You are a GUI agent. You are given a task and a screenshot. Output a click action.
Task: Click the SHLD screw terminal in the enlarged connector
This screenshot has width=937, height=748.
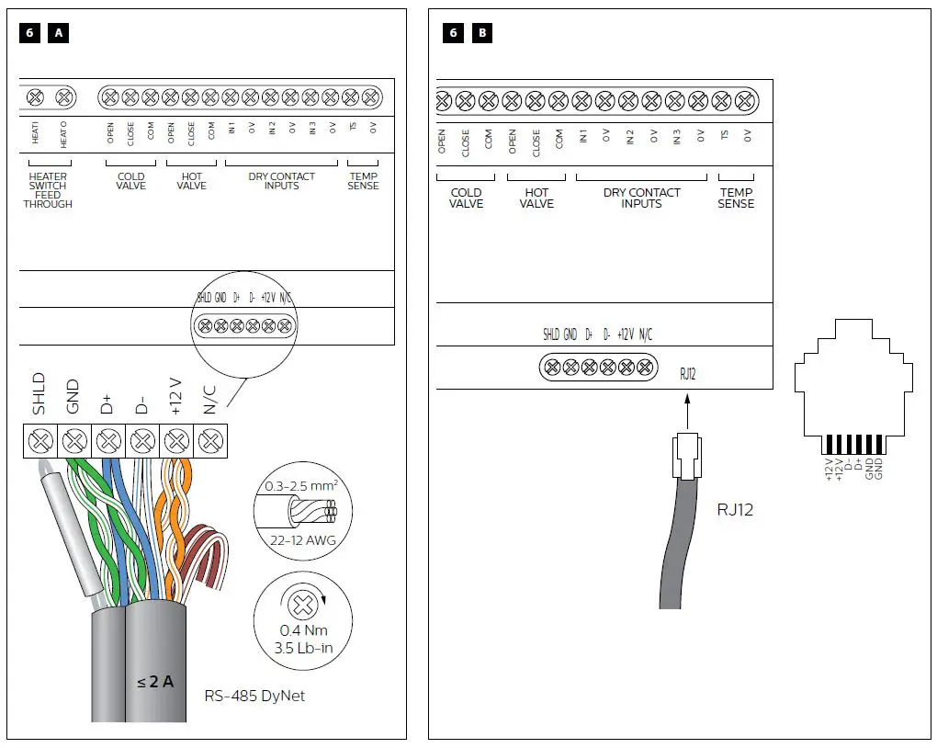(x=40, y=442)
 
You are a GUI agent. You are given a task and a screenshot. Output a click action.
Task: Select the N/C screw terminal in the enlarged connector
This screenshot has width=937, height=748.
(x=211, y=442)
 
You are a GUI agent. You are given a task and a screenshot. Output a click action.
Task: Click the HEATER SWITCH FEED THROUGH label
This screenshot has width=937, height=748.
(x=48, y=190)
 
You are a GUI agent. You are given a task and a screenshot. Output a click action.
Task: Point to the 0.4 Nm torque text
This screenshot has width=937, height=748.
(x=302, y=631)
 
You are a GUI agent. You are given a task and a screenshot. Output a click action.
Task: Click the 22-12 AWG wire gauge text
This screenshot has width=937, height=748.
(x=302, y=540)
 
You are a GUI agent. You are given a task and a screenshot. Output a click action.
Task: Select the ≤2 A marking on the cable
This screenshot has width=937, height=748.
(x=155, y=682)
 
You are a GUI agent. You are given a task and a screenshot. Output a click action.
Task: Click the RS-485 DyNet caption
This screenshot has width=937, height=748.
(x=254, y=696)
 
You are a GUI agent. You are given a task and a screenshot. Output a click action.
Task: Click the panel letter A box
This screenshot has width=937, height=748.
(x=59, y=34)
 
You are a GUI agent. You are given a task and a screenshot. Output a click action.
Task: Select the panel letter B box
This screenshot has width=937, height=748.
(x=482, y=34)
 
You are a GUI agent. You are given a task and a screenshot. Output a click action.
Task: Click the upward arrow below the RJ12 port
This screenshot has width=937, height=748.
(x=687, y=411)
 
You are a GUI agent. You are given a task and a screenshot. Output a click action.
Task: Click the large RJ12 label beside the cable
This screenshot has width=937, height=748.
(x=735, y=509)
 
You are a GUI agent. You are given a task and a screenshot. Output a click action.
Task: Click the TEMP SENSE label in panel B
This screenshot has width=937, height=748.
(x=736, y=198)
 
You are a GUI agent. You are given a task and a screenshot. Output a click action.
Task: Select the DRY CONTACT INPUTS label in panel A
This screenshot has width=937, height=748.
(x=281, y=181)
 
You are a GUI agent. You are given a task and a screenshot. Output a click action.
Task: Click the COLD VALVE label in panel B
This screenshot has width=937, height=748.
(x=466, y=198)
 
